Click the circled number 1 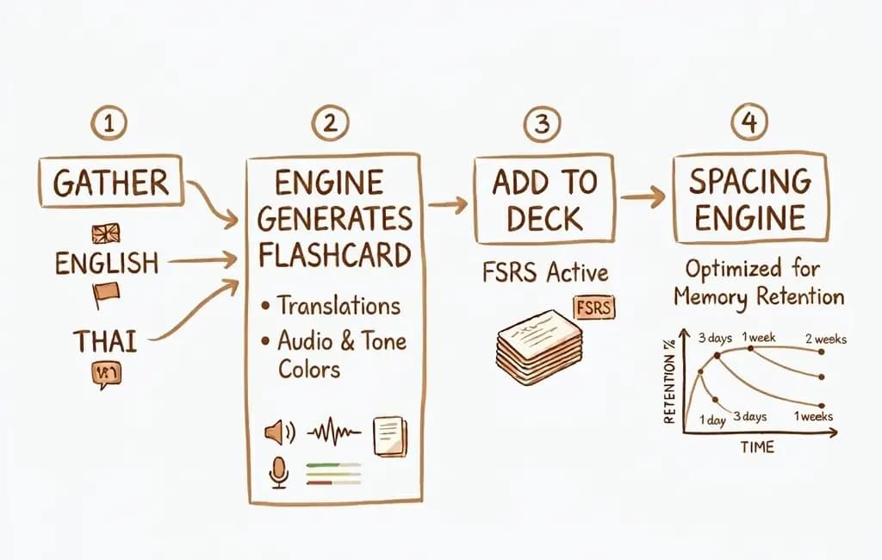tap(109, 125)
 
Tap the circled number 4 tap(748, 124)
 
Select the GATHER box tap(110, 183)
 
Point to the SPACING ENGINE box tap(749, 197)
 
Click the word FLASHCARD tap(334, 256)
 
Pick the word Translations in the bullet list tap(338, 305)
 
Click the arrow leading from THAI tap(198, 310)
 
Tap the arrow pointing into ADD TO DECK tap(448, 204)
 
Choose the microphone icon tap(278, 472)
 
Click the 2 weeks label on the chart tap(824, 339)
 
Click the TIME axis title tap(756, 447)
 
